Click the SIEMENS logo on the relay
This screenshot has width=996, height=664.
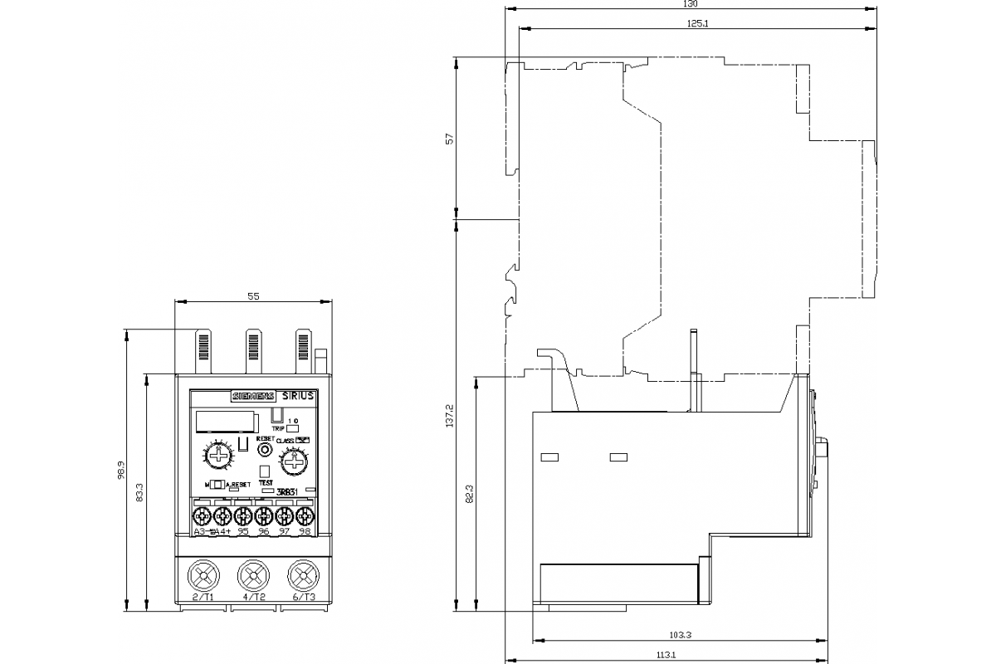251,397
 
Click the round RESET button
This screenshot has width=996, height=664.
265,449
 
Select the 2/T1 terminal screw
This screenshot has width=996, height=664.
203,574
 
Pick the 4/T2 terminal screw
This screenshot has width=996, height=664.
254,574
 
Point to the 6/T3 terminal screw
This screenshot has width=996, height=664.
304,574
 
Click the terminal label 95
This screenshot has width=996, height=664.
243,531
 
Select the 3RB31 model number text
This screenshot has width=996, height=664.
287,492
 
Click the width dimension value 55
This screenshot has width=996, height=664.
254,296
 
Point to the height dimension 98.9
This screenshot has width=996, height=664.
120,470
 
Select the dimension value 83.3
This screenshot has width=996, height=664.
140,492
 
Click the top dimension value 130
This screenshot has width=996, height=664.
690,4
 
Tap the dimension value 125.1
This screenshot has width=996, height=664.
697,22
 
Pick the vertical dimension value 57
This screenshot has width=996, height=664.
450,139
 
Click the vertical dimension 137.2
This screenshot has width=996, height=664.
450,415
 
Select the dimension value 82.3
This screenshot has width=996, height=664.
470,493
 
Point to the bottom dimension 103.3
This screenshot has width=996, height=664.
680,635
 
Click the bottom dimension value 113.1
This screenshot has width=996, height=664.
666,656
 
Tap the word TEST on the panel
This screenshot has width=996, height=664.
266,482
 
